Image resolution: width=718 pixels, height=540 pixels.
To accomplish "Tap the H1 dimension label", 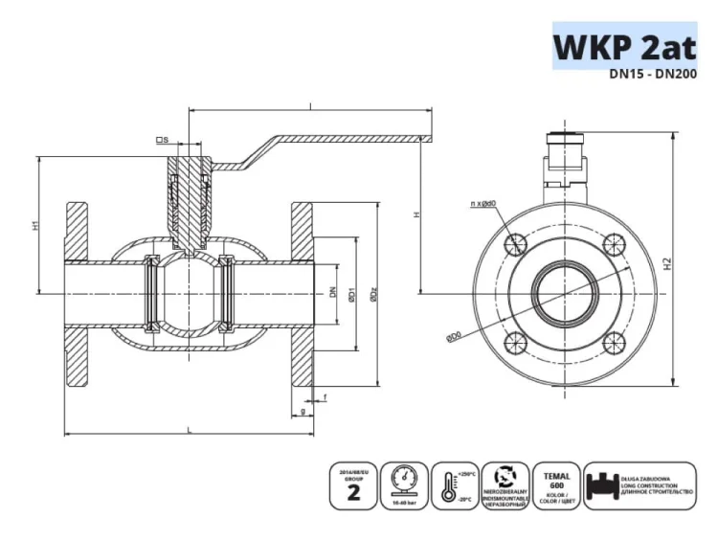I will [35, 226].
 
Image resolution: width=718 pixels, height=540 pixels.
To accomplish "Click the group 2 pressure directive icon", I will [351, 487].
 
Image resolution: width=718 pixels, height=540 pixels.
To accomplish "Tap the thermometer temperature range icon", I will [453, 487].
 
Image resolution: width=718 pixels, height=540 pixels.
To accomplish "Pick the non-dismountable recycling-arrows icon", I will [505, 487].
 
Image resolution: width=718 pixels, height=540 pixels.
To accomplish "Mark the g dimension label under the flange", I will [303, 411].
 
